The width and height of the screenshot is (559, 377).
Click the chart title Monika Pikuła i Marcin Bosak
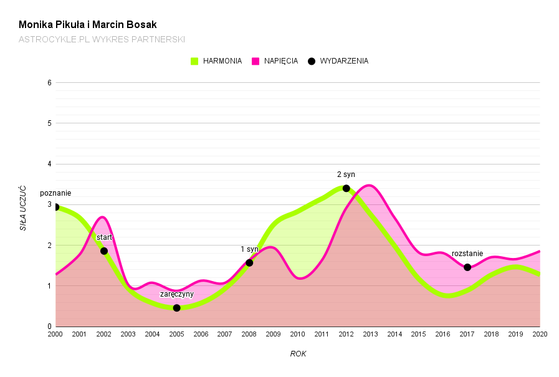87,25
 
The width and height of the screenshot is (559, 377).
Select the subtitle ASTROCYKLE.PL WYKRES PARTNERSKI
102,39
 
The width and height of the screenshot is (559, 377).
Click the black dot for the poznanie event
56,207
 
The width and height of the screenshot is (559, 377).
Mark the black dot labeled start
104,251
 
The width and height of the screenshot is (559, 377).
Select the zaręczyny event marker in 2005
177,308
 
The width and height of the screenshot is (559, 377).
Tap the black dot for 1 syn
249,263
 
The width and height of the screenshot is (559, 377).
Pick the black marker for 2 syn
346,188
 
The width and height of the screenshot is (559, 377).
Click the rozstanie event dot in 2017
467,267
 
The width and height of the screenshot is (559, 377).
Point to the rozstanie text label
467,254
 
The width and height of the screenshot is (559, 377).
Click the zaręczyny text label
177,294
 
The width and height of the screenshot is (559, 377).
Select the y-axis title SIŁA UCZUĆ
23,208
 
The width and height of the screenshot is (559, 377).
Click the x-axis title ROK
298,354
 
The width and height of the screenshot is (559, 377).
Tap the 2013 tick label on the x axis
370,335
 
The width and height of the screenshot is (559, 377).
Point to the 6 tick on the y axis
49,82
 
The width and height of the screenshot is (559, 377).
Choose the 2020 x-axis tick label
540,335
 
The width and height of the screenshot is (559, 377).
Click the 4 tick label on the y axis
49,164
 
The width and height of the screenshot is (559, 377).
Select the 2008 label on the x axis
249,335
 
